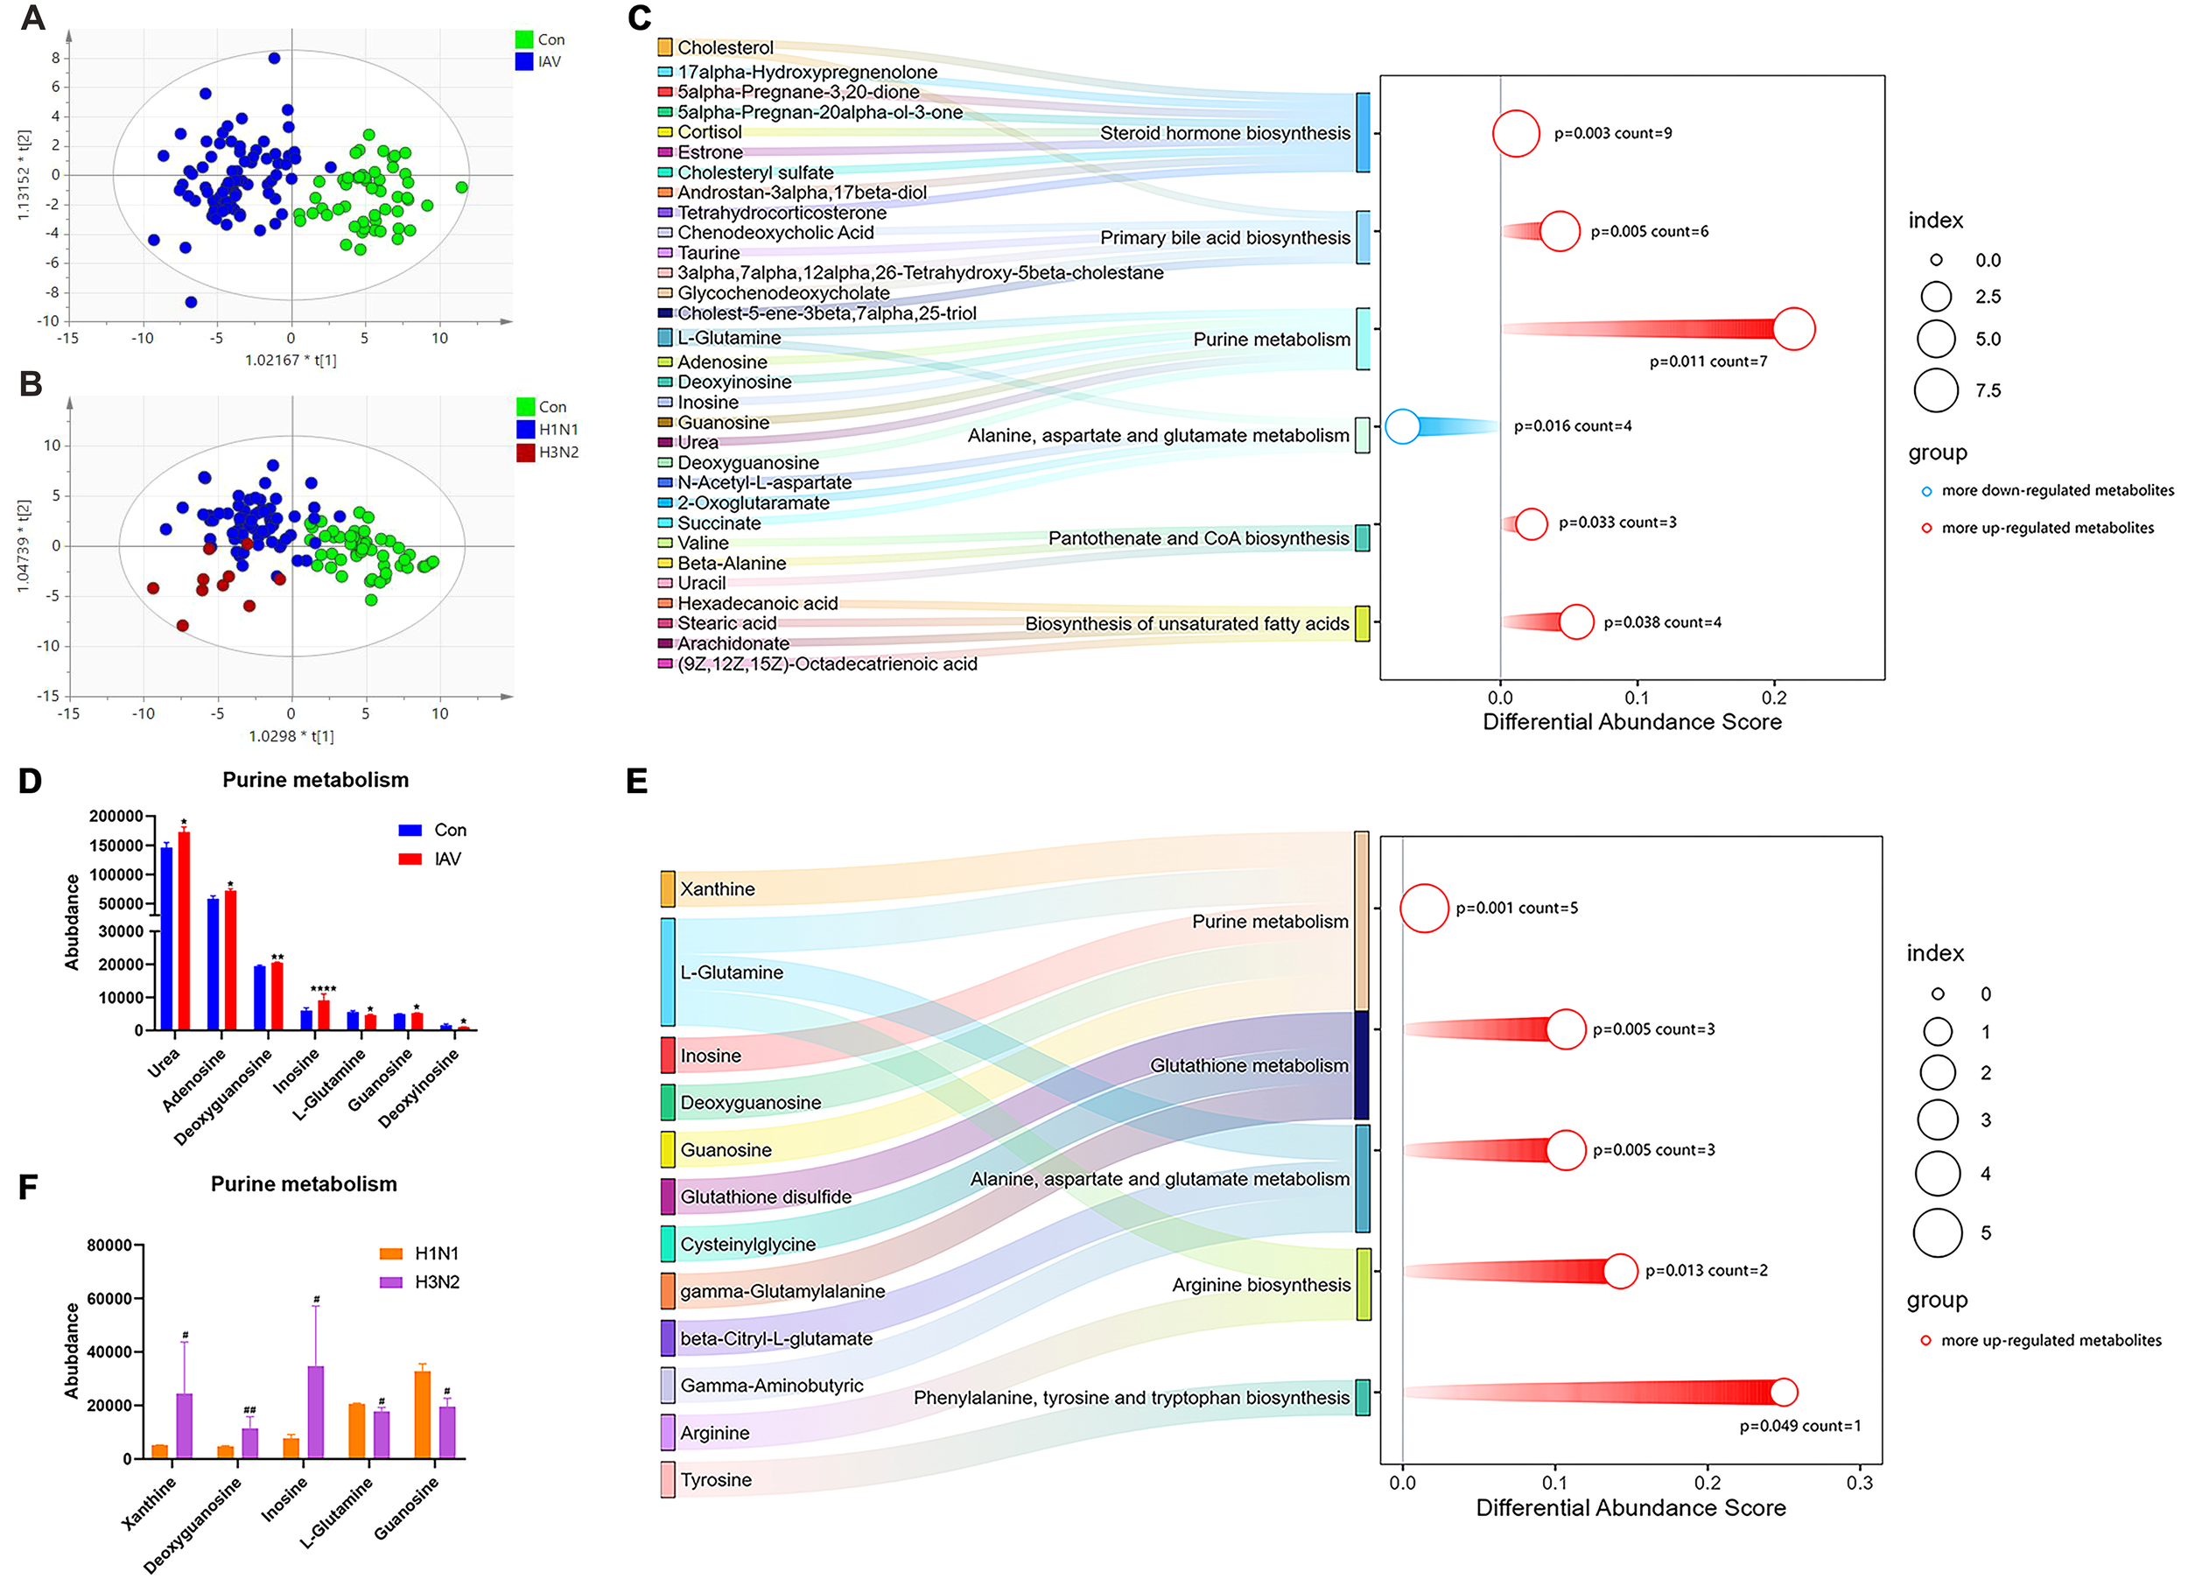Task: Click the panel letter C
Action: point(639,18)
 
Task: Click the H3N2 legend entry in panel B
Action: point(558,453)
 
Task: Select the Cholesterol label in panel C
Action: point(725,47)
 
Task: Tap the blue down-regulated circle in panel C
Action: point(1402,425)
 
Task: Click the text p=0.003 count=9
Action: point(1612,133)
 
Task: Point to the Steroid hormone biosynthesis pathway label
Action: point(1224,133)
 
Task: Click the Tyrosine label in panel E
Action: point(715,1479)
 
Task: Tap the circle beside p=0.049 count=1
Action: point(1784,1392)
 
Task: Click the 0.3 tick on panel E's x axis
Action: point(1859,1483)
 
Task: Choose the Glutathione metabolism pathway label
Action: point(1248,1066)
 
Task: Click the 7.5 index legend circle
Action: point(1935,390)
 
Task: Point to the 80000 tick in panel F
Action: point(109,1246)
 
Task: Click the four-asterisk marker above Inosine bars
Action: point(323,989)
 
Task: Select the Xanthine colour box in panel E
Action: point(668,888)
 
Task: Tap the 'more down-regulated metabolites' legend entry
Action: point(2057,490)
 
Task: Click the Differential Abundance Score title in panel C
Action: point(1631,721)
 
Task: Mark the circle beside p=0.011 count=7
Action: point(1793,329)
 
